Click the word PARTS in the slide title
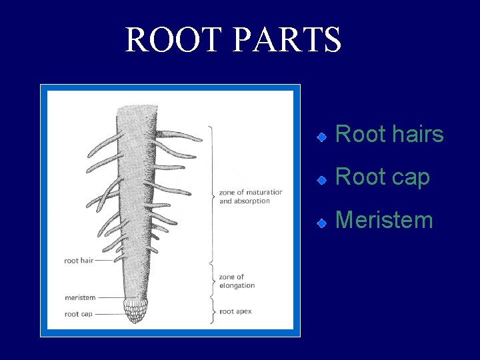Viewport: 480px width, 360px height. point(287,40)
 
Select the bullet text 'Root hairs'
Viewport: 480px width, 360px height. point(389,134)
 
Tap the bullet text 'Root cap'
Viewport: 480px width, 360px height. point(383,177)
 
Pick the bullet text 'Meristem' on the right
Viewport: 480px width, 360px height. point(384,219)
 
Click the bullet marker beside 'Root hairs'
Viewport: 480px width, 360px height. point(321,137)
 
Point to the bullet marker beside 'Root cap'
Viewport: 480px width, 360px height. point(321,179)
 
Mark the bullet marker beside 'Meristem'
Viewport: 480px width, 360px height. point(321,222)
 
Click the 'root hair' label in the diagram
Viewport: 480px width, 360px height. point(79,261)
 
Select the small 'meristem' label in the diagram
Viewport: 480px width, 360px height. point(80,297)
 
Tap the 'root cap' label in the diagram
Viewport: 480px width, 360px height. point(78,314)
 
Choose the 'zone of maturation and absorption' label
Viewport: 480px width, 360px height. point(250,197)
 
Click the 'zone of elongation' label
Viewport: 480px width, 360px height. point(237,281)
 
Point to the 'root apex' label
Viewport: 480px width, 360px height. point(235,311)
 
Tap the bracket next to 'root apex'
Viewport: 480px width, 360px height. point(213,311)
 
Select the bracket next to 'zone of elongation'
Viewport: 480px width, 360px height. point(213,280)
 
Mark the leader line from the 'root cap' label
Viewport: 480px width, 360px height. point(110,314)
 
